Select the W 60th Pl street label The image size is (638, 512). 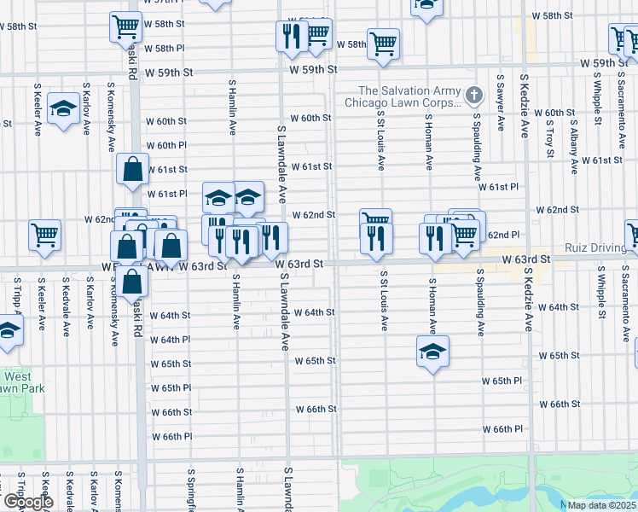click(165, 146)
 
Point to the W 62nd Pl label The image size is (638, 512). click(502, 235)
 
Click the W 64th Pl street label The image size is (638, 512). click(171, 340)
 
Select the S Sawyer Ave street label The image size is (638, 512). click(500, 110)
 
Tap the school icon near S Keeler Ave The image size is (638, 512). click(62, 108)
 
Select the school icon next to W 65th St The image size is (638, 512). click(432, 350)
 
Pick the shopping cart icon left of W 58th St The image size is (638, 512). click(125, 27)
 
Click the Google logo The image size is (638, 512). click(28, 502)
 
